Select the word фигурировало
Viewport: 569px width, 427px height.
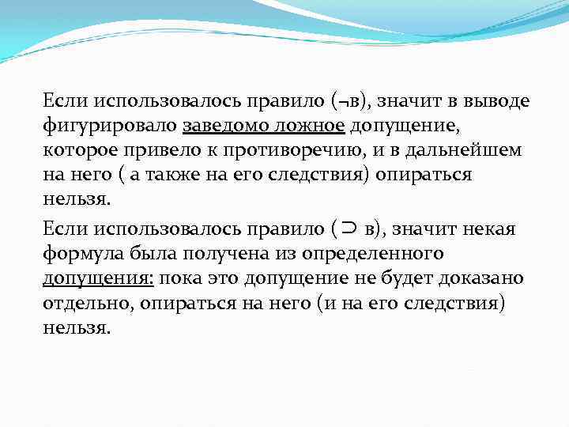coord(110,126)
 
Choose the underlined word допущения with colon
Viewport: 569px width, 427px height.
coord(99,279)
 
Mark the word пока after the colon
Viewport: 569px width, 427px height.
coord(185,279)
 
